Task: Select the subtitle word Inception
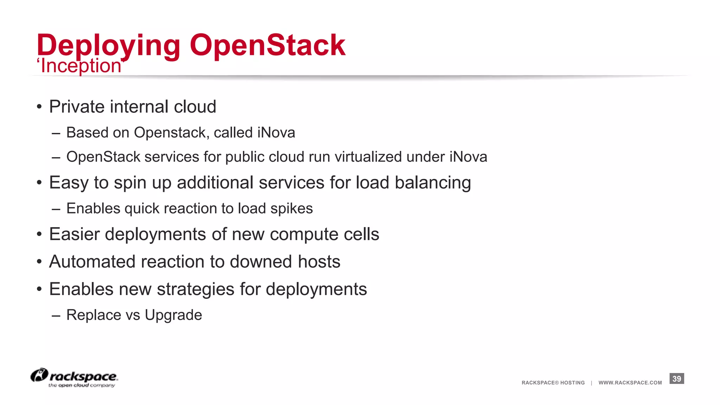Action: point(81,66)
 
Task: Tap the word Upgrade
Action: point(173,315)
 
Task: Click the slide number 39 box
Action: point(676,379)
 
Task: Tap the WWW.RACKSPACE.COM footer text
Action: point(630,383)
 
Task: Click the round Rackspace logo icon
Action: point(39,375)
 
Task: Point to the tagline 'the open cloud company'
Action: point(82,386)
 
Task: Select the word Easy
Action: point(69,183)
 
